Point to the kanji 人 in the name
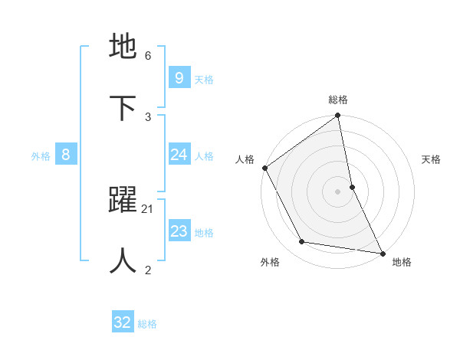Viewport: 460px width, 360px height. pyautogui.click(x=123, y=260)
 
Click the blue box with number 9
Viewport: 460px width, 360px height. pyautogui.click(x=179, y=78)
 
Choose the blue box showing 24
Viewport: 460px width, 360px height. pyautogui.click(x=179, y=155)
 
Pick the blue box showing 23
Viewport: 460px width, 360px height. pyautogui.click(x=179, y=231)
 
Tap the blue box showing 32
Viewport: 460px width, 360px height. pyautogui.click(x=123, y=322)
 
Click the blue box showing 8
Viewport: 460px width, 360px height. pyautogui.click(x=66, y=155)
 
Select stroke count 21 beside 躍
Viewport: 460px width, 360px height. pyautogui.click(x=148, y=208)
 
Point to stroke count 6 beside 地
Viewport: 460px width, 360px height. pyautogui.click(x=148, y=55)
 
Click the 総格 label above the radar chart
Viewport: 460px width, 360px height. pyautogui.click(x=338, y=100)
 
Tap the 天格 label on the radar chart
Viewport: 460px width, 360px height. pyautogui.click(x=431, y=159)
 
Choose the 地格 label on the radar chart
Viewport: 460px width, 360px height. pyautogui.click(x=402, y=262)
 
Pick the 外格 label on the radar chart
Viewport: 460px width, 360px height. pyautogui.click(x=270, y=262)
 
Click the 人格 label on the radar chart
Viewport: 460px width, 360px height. pyautogui.click(x=245, y=159)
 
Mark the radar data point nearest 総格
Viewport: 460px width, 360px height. pyautogui.click(x=338, y=116)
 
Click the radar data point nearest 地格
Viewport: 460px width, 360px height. pyautogui.click(x=382, y=252)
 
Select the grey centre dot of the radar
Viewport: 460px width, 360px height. pyautogui.click(x=337, y=191)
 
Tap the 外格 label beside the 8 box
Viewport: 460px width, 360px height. pyautogui.click(x=41, y=155)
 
